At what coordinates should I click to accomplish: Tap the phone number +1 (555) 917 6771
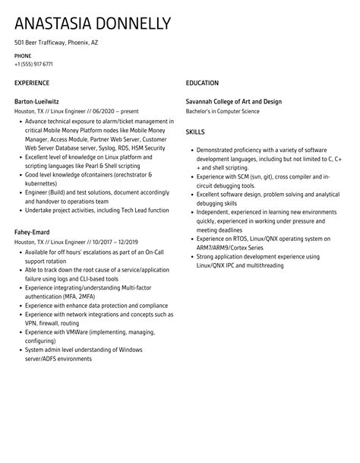coord(33,64)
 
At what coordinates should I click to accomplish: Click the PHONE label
coord(23,55)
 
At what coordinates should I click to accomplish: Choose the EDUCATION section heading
coord(202,83)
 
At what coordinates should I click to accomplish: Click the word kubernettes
coord(42,182)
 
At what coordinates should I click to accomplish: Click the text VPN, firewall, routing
coord(53,322)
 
